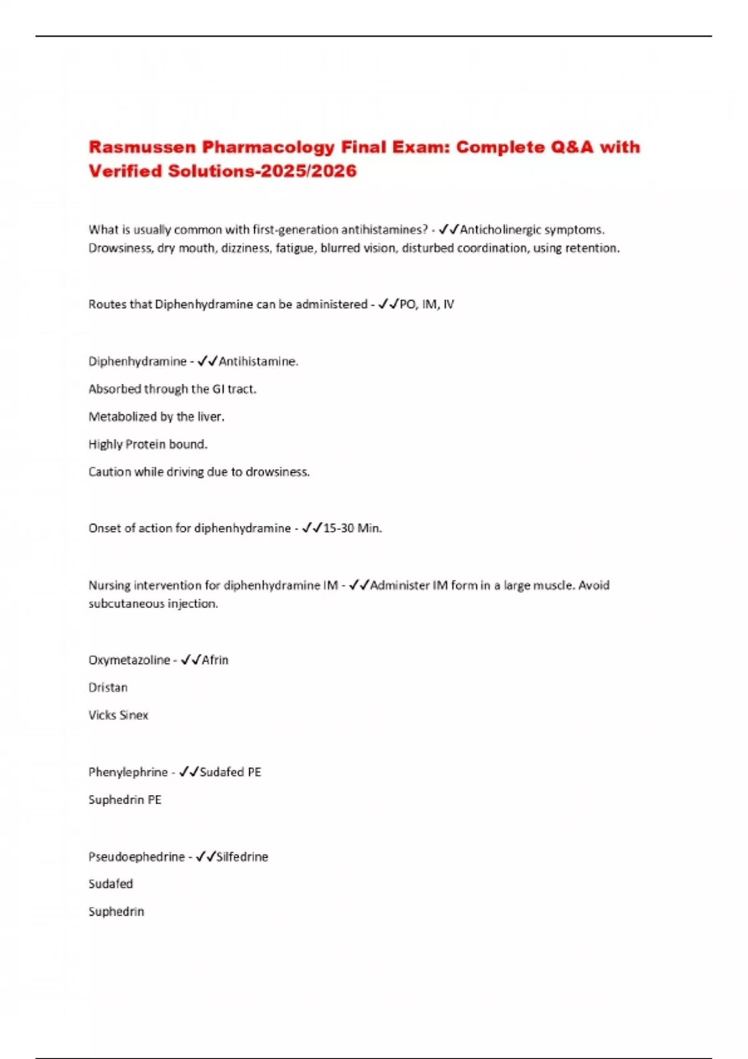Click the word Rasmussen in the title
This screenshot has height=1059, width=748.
141,147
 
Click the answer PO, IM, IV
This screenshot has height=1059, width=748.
426,305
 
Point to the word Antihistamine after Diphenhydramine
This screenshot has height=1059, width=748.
257,361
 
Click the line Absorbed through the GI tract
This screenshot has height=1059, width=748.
172,389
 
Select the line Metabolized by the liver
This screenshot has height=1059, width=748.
156,417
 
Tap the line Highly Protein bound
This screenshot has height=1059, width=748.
148,444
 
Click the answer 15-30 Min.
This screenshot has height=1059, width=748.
352,528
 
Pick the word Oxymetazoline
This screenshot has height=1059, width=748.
129,660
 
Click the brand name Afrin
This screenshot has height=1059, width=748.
215,660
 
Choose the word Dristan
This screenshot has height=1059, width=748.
108,688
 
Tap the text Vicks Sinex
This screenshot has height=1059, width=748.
118,715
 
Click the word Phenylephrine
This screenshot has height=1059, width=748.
128,772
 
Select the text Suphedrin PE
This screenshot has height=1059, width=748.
125,800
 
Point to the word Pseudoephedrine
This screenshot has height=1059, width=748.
137,857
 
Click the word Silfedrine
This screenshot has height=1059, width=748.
242,857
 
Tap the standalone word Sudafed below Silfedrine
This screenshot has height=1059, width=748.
111,884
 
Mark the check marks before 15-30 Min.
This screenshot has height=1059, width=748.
312,528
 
